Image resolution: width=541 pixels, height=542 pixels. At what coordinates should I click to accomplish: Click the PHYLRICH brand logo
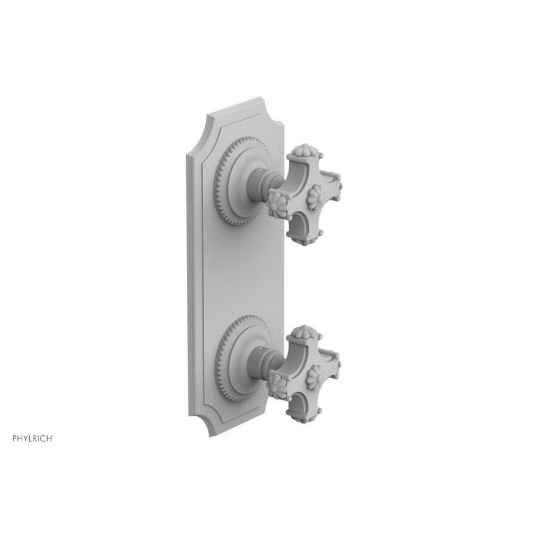point(32,438)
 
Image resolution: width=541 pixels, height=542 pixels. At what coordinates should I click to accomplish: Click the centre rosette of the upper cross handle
point(315,197)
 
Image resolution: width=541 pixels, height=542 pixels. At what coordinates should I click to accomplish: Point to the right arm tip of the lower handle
point(334,364)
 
